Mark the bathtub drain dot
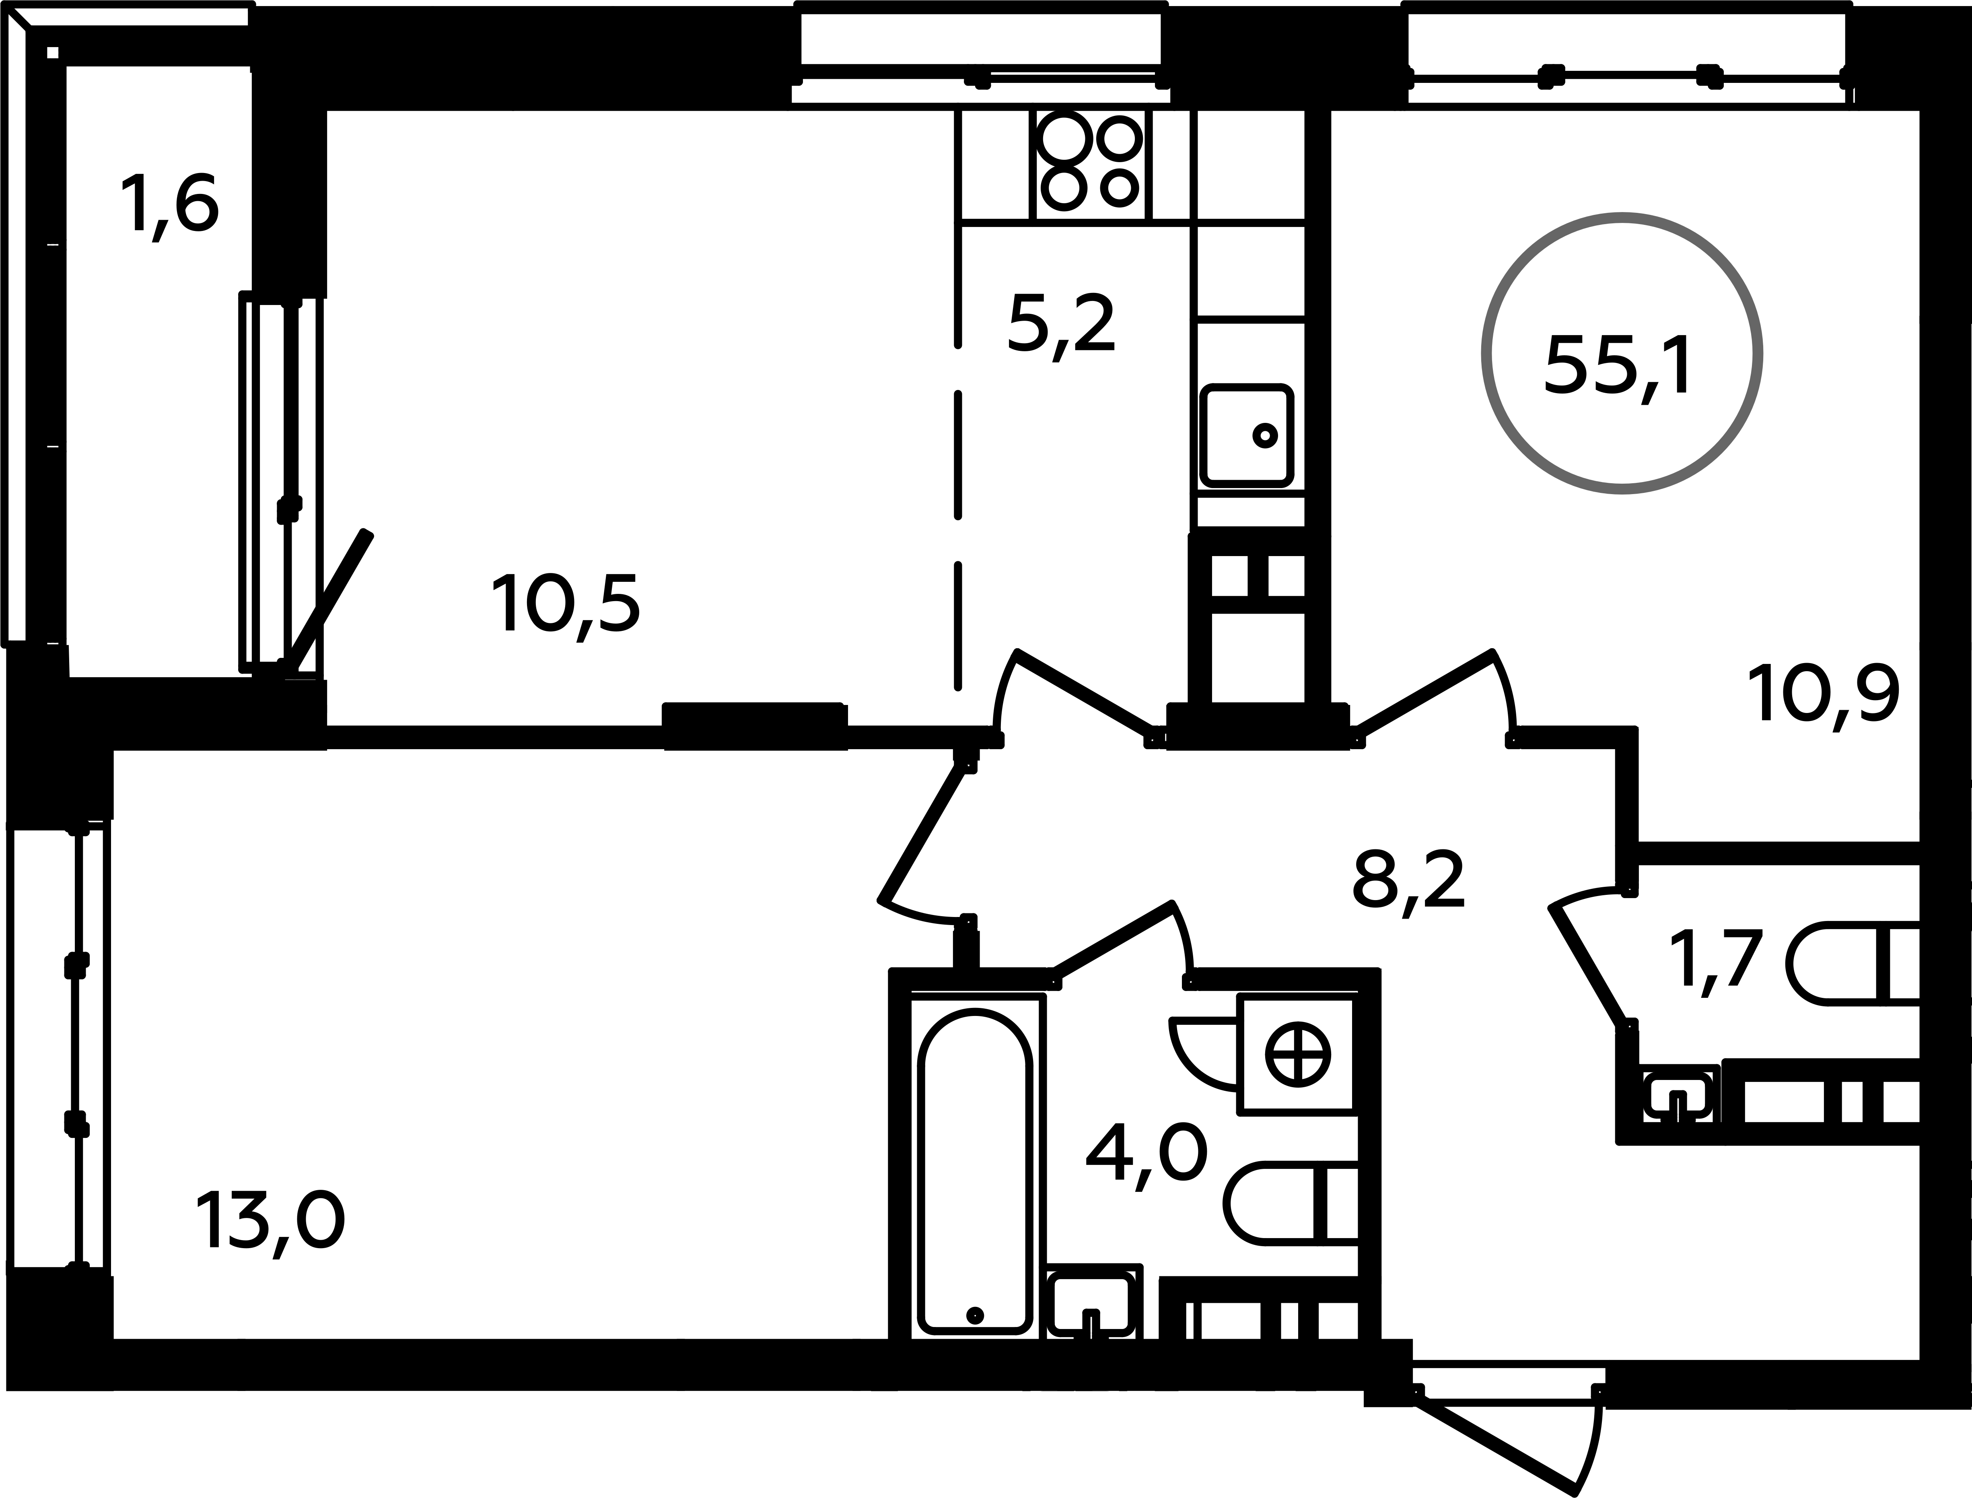pyautogui.click(x=974, y=1339)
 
